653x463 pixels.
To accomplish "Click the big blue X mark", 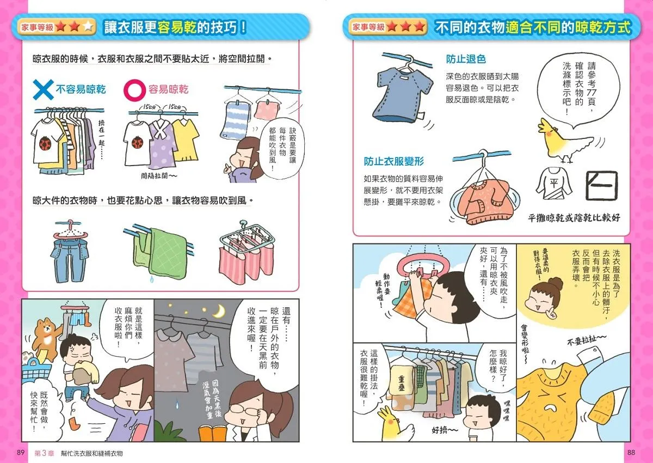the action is [43, 89].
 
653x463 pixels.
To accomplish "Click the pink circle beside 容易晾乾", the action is [134, 89].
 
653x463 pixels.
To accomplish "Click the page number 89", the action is [21, 453].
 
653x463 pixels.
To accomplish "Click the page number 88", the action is [631, 453].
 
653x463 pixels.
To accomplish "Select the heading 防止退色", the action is [466, 59].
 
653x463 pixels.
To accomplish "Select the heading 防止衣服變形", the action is [393, 161].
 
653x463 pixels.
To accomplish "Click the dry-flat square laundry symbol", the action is [601, 186].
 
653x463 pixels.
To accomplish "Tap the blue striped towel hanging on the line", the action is [235, 120].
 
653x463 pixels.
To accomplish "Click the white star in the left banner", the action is [88, 27].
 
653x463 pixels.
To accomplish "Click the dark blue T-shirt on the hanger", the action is [402, 95].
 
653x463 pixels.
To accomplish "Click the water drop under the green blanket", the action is [152, 279].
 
